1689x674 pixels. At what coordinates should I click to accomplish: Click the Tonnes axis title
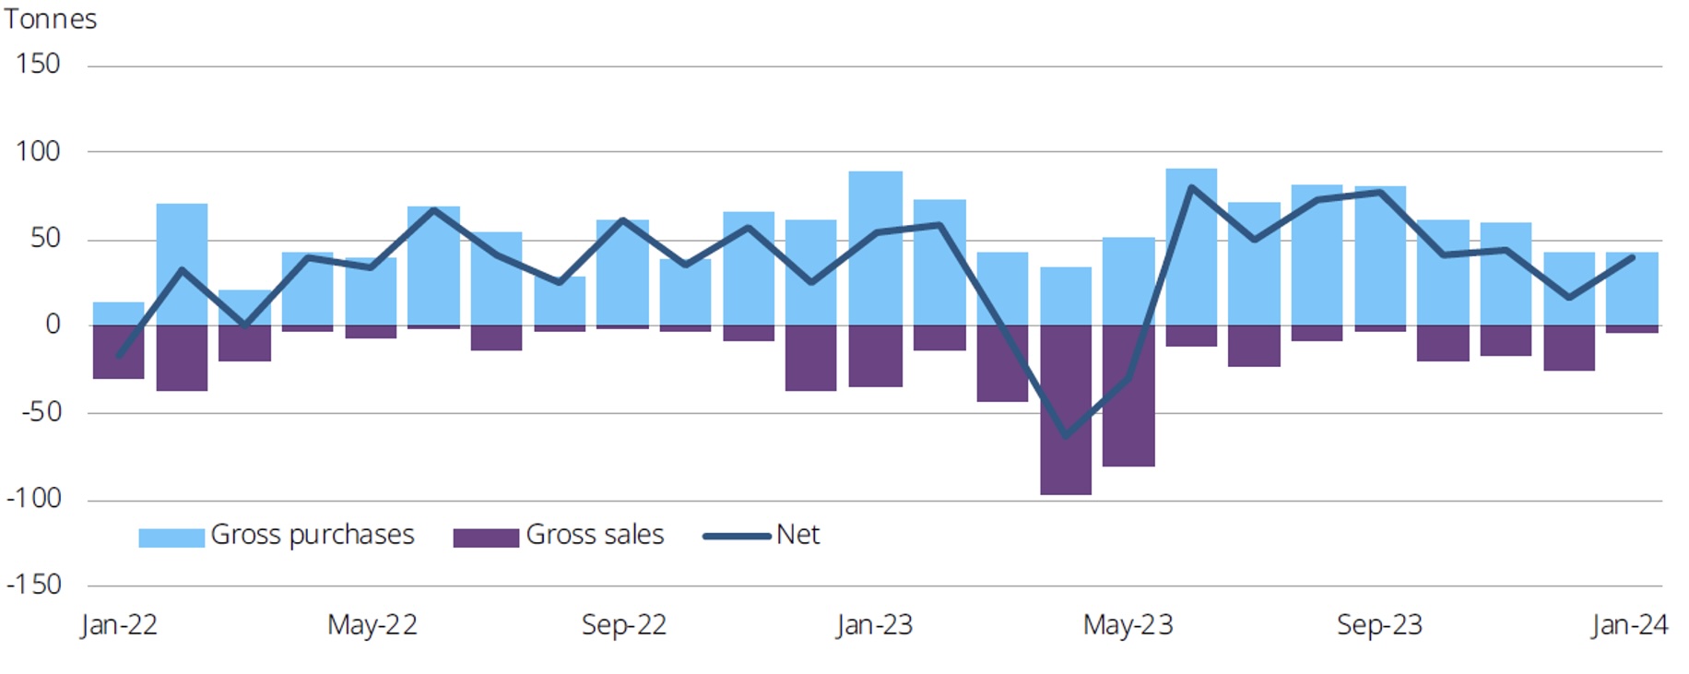50,19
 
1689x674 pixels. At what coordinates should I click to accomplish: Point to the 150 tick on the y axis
38,65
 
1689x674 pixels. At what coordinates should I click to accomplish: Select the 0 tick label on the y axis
53,325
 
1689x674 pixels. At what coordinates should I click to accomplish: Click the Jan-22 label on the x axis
119,625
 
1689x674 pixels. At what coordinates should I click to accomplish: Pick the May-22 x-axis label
372,625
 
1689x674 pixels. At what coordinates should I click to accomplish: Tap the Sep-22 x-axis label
623,625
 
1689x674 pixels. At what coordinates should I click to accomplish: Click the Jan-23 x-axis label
874,625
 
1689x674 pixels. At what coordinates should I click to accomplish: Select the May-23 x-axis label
1128,625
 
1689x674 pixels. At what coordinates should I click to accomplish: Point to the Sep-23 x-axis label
1379,625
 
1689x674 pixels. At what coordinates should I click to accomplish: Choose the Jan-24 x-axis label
1629,625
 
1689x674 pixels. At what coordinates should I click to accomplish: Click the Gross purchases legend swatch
171,538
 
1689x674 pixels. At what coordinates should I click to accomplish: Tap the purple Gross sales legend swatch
486,538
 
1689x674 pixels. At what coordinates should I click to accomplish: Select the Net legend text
797,535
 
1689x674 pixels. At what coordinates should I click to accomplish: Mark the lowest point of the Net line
1066,436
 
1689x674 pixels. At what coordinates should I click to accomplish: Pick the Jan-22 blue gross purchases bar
119,313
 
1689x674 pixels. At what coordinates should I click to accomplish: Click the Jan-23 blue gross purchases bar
875,248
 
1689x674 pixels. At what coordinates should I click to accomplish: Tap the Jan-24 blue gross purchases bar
1632,289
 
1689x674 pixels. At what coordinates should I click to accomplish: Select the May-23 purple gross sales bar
1128,396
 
